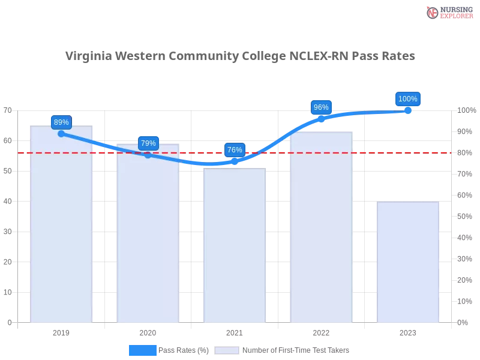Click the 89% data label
click(x=61, y=122)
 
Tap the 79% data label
click(x=148, y=143)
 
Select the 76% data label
click(x=235, y=150)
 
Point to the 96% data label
click(x=321, y=107)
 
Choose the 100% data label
click(x=407, y=99)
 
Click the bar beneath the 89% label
click(x=62, y=228)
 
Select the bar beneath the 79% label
click(x=149, y=237)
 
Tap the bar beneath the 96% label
click(x=322, y=228)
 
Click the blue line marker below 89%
click(x=61, y=134)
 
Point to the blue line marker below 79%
click(x=148, y=155)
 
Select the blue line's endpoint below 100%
click(x=408, y=111)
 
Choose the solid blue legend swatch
click(x=142, y=350)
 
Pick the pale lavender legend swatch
click(x=227, y=350)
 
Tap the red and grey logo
click(x=448, y=13)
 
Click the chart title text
click(x=240, y=56)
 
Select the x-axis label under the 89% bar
click(x=62, y=331)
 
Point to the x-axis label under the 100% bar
click(x=408, y=331)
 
